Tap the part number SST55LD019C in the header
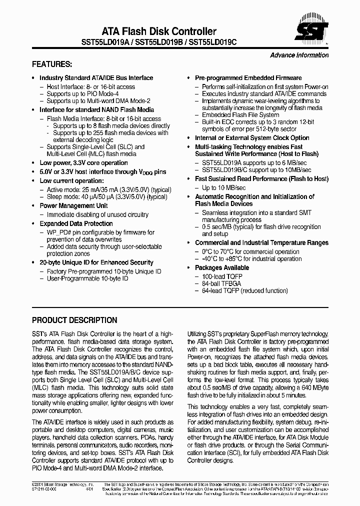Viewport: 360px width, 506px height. click(213, 43)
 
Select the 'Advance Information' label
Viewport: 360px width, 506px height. click(299, 55)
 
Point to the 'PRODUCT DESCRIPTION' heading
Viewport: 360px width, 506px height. click(74, 320)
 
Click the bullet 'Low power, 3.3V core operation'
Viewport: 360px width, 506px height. click(83, 163)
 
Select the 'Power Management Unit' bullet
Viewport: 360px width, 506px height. click(73, 206)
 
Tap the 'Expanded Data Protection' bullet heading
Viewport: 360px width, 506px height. click(76, 224)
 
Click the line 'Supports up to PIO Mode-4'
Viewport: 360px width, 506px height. click(82, 94)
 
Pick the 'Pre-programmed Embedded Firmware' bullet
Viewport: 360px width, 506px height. click(248, 78)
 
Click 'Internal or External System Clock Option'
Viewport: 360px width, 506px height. click(252, 138)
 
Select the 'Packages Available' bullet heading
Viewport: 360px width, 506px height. click(222, 268)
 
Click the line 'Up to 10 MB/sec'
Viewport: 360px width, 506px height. click(223, 187)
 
